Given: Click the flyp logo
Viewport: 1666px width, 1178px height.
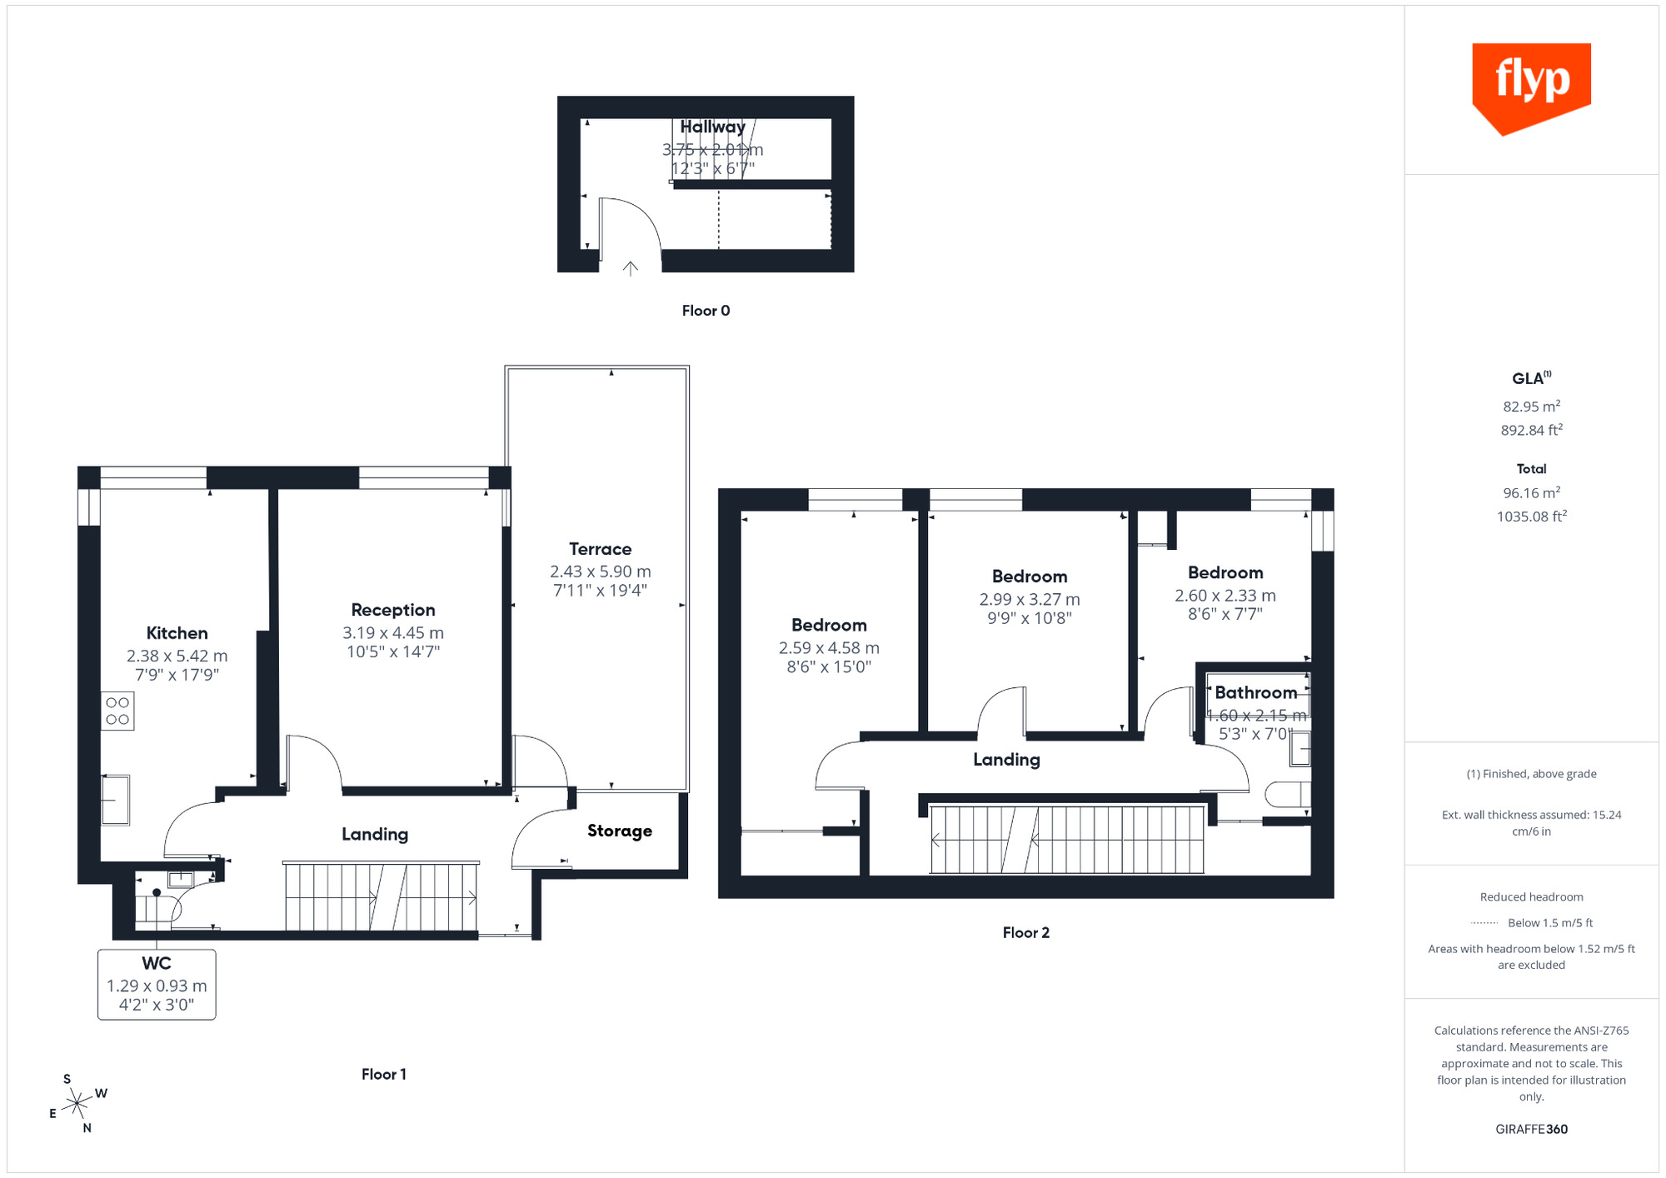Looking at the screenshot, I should [1531, 87].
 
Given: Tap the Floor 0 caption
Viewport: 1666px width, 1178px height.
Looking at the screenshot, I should [706, 311].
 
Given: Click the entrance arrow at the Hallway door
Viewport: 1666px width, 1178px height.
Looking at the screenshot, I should [631, 268].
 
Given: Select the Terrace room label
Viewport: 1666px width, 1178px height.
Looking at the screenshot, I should [600, 549].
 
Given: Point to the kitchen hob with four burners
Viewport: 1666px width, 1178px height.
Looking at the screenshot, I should [117, 711].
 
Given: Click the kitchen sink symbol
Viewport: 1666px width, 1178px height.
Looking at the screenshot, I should [115, 800].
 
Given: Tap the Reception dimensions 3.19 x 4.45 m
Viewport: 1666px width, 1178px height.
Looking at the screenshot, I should [393, 633].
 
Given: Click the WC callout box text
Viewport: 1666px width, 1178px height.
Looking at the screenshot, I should [157, 984].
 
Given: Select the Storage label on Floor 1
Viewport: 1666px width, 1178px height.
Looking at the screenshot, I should [619, 831].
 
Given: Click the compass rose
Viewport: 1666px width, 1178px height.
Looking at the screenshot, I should [77, 1104].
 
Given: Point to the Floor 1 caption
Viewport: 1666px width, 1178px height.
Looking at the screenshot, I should [383, 1075].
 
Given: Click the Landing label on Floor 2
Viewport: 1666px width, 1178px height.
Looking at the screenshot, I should [1006, 760].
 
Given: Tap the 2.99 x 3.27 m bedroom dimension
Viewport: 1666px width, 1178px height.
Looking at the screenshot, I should [1030, 600].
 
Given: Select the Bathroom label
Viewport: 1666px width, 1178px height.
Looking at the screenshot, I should [1255, 692].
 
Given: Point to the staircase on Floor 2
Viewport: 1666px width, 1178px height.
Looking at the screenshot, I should [1066, 840].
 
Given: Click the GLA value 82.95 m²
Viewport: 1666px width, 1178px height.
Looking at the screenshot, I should [1531, 407].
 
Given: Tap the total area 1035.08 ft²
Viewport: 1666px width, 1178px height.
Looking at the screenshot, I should [1531, 517].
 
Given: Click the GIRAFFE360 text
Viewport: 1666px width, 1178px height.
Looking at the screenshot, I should [1531, 1130].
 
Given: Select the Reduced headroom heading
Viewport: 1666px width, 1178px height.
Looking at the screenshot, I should [1531, 897].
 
